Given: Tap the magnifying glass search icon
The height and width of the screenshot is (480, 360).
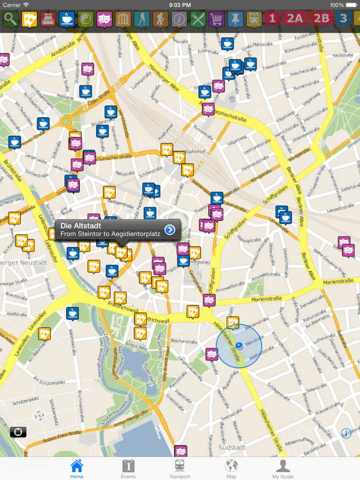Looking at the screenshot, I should tap(10, 20).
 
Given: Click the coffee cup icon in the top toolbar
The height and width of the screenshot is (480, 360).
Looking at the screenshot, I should tap(66, 20).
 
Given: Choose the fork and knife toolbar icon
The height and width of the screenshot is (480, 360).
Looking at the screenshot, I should tap(198, 20).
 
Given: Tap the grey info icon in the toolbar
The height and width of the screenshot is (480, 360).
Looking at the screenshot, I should tap(179, 20).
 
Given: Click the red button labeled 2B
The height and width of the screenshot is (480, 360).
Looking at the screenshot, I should tap(321, 20).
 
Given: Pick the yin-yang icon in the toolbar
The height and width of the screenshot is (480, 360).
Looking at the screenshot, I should tap(85, 20).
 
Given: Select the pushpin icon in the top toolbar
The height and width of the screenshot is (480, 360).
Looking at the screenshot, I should tap(235, 20).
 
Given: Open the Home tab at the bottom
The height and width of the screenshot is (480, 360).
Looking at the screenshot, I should tap(77, 469).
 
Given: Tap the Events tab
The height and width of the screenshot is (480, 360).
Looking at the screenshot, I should tap(128, 469).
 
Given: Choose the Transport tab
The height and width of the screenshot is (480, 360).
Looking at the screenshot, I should tap(179, 469).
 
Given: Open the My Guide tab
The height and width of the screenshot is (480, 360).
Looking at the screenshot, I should tap(282, 469).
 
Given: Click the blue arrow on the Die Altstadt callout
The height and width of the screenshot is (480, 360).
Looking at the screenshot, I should tap(170, 230).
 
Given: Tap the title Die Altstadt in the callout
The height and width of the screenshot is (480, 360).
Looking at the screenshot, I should tap(81, 226).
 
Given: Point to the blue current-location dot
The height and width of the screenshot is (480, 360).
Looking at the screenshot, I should tap(239, 346).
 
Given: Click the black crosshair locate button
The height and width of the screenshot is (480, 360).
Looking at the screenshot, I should tap(18, 432).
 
